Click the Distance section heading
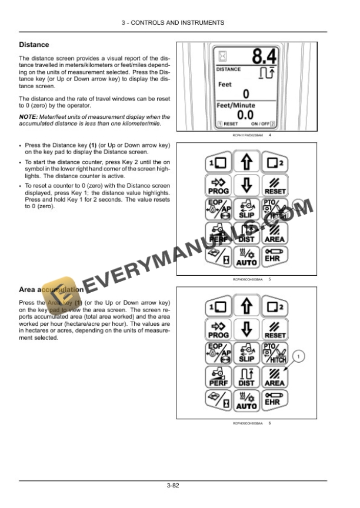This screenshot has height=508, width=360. pos(34,45)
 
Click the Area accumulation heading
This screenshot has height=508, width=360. pos(51,289)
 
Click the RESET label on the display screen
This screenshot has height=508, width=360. pos(228,125)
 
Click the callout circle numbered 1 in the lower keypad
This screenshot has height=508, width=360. pos(300,356)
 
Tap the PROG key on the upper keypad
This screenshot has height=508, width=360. pos(218,186)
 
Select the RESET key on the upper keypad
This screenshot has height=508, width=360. pos(275,186)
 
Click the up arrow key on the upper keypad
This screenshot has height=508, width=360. pos(246,161)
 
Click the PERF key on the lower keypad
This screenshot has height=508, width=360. pos(218,377)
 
